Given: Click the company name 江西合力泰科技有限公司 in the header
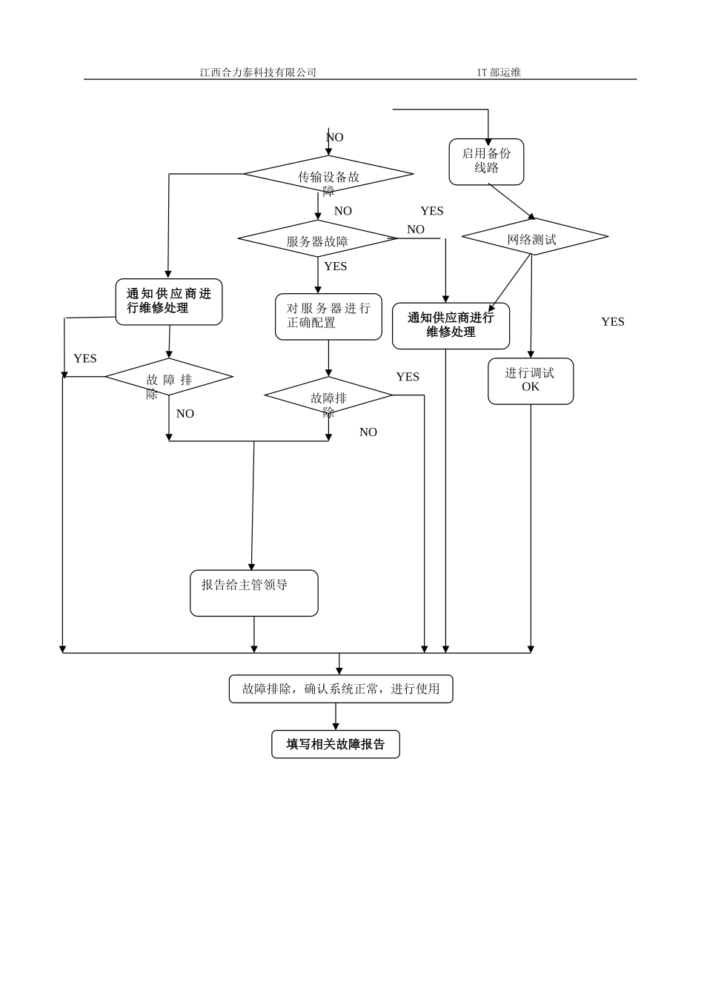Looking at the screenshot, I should tap(258, 73).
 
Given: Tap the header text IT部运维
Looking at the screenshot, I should tap(499, 73).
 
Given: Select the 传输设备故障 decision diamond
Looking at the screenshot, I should tap(328, 175).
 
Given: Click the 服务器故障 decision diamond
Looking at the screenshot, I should tap(317, 239).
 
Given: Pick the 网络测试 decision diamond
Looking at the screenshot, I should tap(534, 237).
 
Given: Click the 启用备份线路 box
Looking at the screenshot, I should tap(486, 161).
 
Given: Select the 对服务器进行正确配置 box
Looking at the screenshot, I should tap(328, 317).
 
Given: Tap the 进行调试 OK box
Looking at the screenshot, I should tap(531, 381).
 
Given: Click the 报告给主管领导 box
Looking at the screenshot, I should tap(253, 593).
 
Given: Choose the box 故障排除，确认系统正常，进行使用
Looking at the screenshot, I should tap(341, 689).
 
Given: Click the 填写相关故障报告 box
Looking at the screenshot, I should tap(336, 745).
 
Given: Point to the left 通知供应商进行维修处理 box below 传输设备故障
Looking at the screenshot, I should tap(169, 301).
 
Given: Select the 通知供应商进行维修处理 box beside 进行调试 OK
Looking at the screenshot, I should tap(451, 326).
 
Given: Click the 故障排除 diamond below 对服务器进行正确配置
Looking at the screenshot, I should tap(328, 397).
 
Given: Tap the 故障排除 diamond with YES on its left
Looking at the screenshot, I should tap(169, 378).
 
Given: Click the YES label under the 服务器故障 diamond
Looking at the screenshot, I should tap(335, 267).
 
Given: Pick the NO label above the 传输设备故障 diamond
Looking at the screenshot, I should tap(335, 138).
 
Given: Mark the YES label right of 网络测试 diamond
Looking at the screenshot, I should tap(613, 322).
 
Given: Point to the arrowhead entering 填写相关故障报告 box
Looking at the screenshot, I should tap(336, 727).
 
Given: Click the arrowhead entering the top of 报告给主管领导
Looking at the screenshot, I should tap(251, 566).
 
